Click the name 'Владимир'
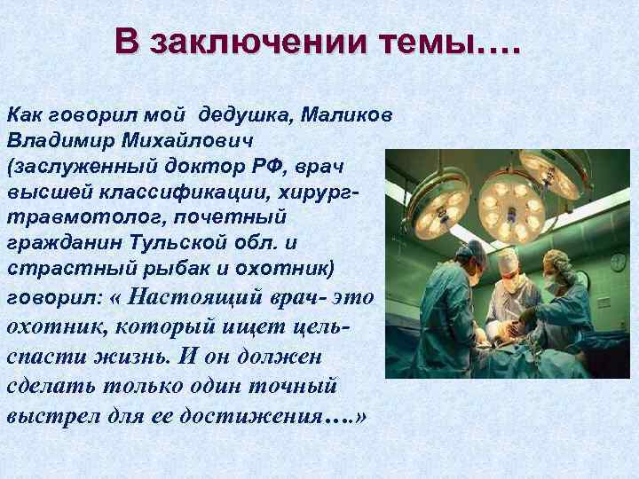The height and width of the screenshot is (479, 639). click(51, 140)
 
